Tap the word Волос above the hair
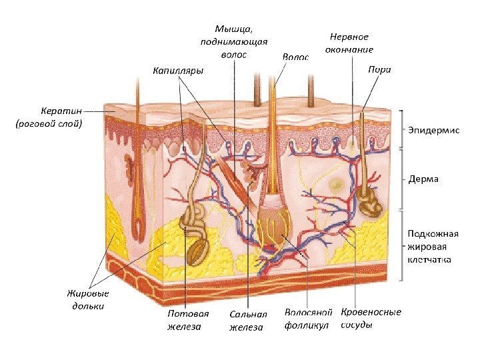(x=295, y=57)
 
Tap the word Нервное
(x=349, y=37)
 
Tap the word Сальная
(x=247, y=313)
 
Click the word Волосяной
(x=308, y=312)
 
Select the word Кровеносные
(x=371, y=312)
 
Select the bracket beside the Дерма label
(x=402, y=179)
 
